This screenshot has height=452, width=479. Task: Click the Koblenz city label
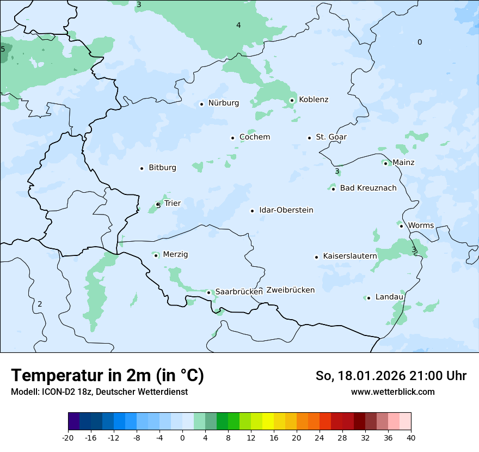click(314, 100)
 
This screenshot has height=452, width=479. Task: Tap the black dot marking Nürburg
click(201, 103)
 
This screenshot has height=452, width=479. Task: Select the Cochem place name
click(255, 137)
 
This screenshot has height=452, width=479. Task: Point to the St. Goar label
click(331, 137)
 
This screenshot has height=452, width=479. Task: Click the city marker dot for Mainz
click(385, 163)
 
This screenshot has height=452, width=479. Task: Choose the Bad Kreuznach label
click(368, 188)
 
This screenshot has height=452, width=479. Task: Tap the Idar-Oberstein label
click(286, 210)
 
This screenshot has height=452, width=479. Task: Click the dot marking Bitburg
click(142, 168)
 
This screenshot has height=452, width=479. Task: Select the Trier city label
click(173, 204)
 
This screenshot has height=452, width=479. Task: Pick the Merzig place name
click(175, 255)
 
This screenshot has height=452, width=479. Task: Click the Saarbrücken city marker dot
click(208, 292)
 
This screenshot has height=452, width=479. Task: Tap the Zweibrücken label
click(290, 290)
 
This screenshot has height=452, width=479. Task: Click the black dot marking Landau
click(369, 298)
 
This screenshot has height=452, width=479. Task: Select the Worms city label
click(421, 225)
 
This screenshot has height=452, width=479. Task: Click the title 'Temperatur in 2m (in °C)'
click(107, 375)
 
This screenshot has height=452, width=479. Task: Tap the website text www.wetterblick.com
click(392, 392)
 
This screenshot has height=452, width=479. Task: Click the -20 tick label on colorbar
click(68, 438)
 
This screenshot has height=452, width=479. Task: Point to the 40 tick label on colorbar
click(411, 438)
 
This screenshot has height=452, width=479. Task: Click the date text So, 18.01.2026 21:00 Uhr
click(391, 376)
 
